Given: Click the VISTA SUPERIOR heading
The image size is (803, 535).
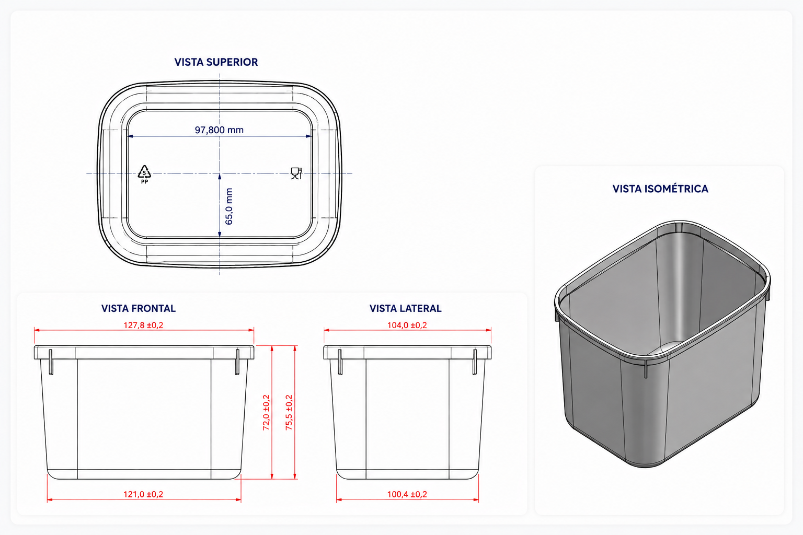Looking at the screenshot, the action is click(x=216, y=62).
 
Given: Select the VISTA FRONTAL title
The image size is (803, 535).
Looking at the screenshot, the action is click(x=139, y=309).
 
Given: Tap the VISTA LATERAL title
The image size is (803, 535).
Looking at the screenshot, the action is click(x=406, y=309).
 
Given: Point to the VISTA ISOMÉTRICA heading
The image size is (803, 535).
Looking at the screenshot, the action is click(x=660, y=189).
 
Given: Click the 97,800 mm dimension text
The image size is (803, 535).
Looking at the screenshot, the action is click(x=219, y=130).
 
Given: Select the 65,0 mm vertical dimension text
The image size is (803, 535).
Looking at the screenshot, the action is click(x=228, y=206).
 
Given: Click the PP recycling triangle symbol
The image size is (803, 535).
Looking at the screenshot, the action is click(x=144, y=175).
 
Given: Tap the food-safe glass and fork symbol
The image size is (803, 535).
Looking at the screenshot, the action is click(x=296, y=173).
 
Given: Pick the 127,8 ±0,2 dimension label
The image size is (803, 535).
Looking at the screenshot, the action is click(x=143, y=325).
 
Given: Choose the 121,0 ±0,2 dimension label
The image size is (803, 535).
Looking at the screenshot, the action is click(x=143, y=494).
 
